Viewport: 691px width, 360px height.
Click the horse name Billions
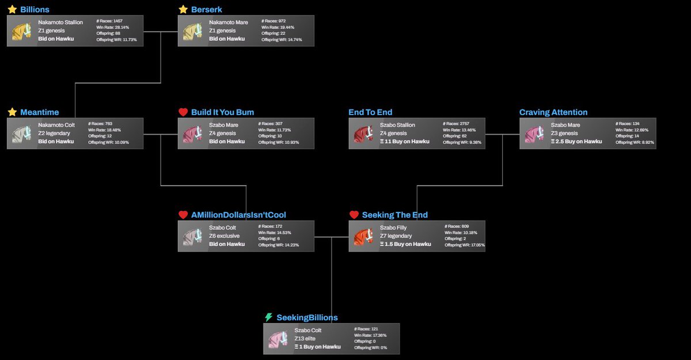point(35,10)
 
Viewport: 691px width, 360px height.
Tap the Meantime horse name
point(39,112)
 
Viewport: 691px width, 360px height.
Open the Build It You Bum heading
point(222,112)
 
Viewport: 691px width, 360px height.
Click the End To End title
point(370,112)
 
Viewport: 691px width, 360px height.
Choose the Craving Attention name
point(553,112)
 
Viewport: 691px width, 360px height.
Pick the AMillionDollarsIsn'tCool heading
point(238,215)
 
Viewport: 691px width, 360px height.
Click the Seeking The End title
point(394,215)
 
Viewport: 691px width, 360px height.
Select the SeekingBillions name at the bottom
point(307,317)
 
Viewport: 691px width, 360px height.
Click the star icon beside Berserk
point(183,10)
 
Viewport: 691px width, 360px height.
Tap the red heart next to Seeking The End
point(354,215)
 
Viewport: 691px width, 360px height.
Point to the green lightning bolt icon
point(268,317)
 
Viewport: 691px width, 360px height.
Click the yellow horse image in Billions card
point(22,31)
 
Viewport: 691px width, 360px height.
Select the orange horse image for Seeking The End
point(364,236)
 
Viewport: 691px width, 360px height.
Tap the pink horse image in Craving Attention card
point(534,134)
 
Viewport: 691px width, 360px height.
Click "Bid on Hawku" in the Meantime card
point(56,142)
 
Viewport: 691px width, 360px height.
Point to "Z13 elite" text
point(305,339)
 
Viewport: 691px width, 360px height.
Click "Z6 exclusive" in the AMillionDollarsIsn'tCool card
point(224,236)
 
